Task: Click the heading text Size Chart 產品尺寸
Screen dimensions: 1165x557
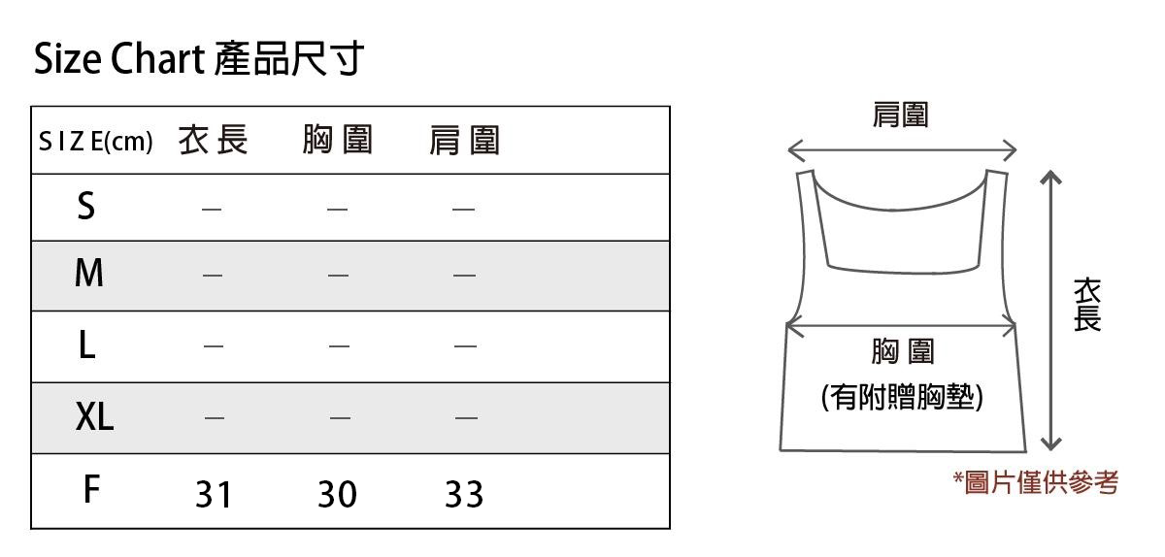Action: [x=199, y=60]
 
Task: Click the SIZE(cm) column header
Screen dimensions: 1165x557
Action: [x=95, y=142]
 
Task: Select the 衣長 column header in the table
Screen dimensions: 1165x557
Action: [x=214, y=142]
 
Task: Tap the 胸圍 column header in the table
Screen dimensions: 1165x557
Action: [x=337, y=142]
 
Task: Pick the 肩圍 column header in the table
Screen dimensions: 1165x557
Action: [x=464, y=142]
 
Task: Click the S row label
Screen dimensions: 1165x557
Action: [x=86, y=206]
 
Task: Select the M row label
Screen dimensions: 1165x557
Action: [x=88, y=275]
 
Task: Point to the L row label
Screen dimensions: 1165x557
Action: [x=86, y=344]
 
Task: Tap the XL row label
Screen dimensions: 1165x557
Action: [x=94, y=417]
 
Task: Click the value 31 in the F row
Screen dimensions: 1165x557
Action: [x=214, y=495]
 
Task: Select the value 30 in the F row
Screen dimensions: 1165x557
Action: [x=337, y=495]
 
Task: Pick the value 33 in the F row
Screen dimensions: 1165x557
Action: [x=464, y=495]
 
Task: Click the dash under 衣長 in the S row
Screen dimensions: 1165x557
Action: [x=213, y=208]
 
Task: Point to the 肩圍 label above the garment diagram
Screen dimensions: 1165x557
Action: [x=901, y=115]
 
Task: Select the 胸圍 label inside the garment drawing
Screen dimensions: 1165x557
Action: [x=902, y=351]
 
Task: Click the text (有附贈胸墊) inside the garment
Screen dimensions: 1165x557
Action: [x=902, y=397]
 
